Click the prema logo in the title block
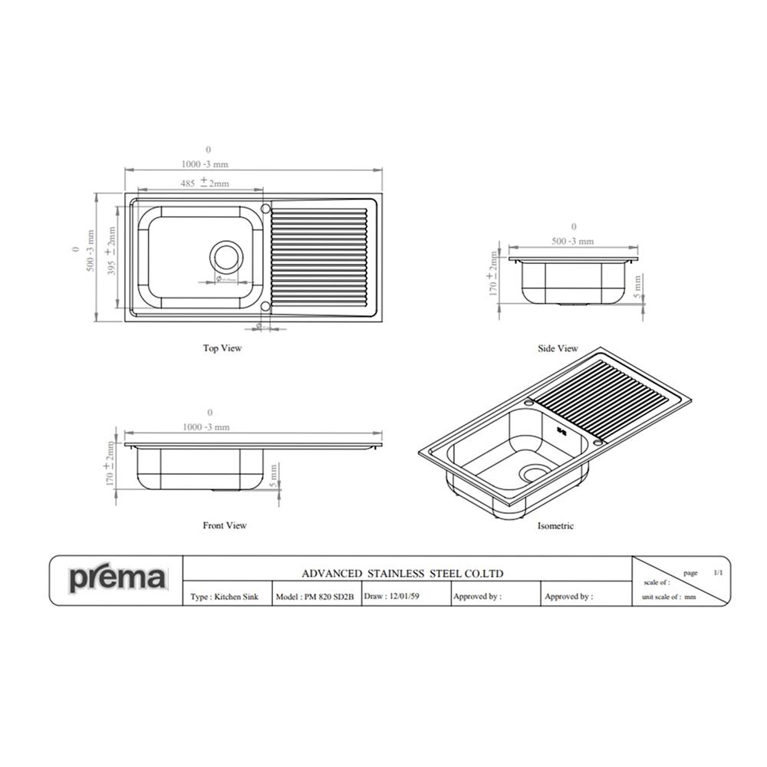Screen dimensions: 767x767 click(x=117, y=578)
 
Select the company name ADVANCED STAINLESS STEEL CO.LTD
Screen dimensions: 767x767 click(x=402, y=573)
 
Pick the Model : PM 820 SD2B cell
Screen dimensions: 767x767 click(x=314, y=596)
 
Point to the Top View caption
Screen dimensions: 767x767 click(x=222, y=348)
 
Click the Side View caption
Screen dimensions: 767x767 click(x=558, y=349)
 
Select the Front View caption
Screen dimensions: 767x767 click(x=225, y=525)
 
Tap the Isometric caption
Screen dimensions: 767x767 click(x=555, y=526)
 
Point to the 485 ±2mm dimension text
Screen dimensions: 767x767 click(x=204, y=183)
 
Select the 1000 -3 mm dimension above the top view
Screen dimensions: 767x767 click(x=205, y=164)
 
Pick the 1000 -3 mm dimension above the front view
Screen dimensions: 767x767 click(x=205, y=427)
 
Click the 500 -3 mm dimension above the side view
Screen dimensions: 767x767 click(x=573, y=241)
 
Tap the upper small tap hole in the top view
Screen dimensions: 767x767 click(x=265, y=208)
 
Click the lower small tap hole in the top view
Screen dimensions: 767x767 click(x=265, y=306)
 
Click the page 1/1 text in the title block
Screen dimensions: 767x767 click(x=701, y=572)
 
